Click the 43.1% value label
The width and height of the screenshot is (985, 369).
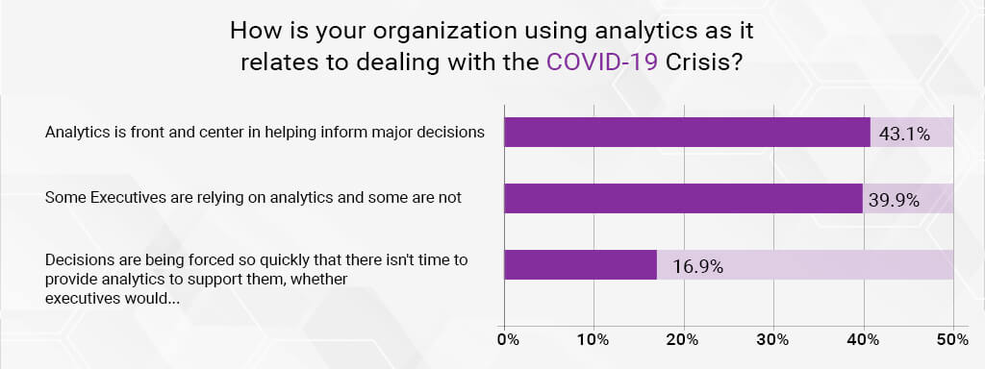905,134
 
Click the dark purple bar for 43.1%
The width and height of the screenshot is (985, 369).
687,133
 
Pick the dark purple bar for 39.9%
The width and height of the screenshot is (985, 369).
683,199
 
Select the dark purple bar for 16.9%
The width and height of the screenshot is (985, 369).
580,265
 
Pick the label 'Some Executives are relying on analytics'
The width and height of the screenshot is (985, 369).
254,198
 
